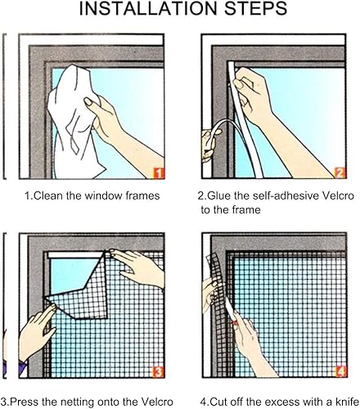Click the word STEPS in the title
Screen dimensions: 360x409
point(256,8)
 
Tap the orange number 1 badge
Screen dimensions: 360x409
point(159,173)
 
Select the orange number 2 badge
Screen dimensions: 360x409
point(340,173)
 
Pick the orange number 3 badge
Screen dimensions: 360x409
point(159,372)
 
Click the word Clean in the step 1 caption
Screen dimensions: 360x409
point(47,196)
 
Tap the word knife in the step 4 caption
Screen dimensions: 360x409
point(347,402)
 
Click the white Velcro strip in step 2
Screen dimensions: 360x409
point(245,120)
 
